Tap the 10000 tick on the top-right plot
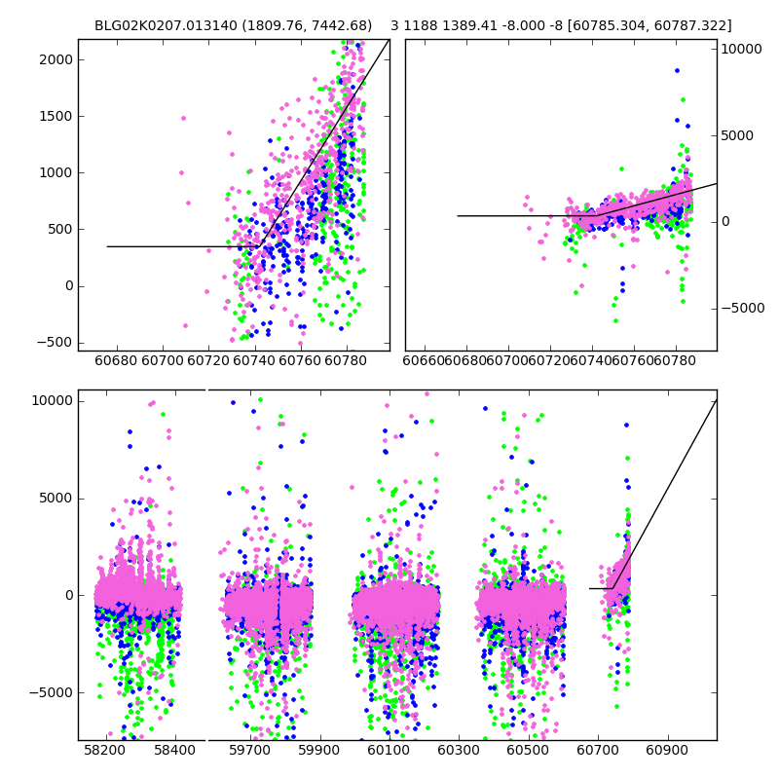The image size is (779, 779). [x=742, y=49]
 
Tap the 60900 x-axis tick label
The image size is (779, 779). [x=669, y=751]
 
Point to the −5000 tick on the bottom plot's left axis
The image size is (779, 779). [x=50, y=692]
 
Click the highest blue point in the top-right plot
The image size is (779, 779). [x=677, y=70]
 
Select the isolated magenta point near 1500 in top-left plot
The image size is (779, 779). [x=183, y=118]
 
